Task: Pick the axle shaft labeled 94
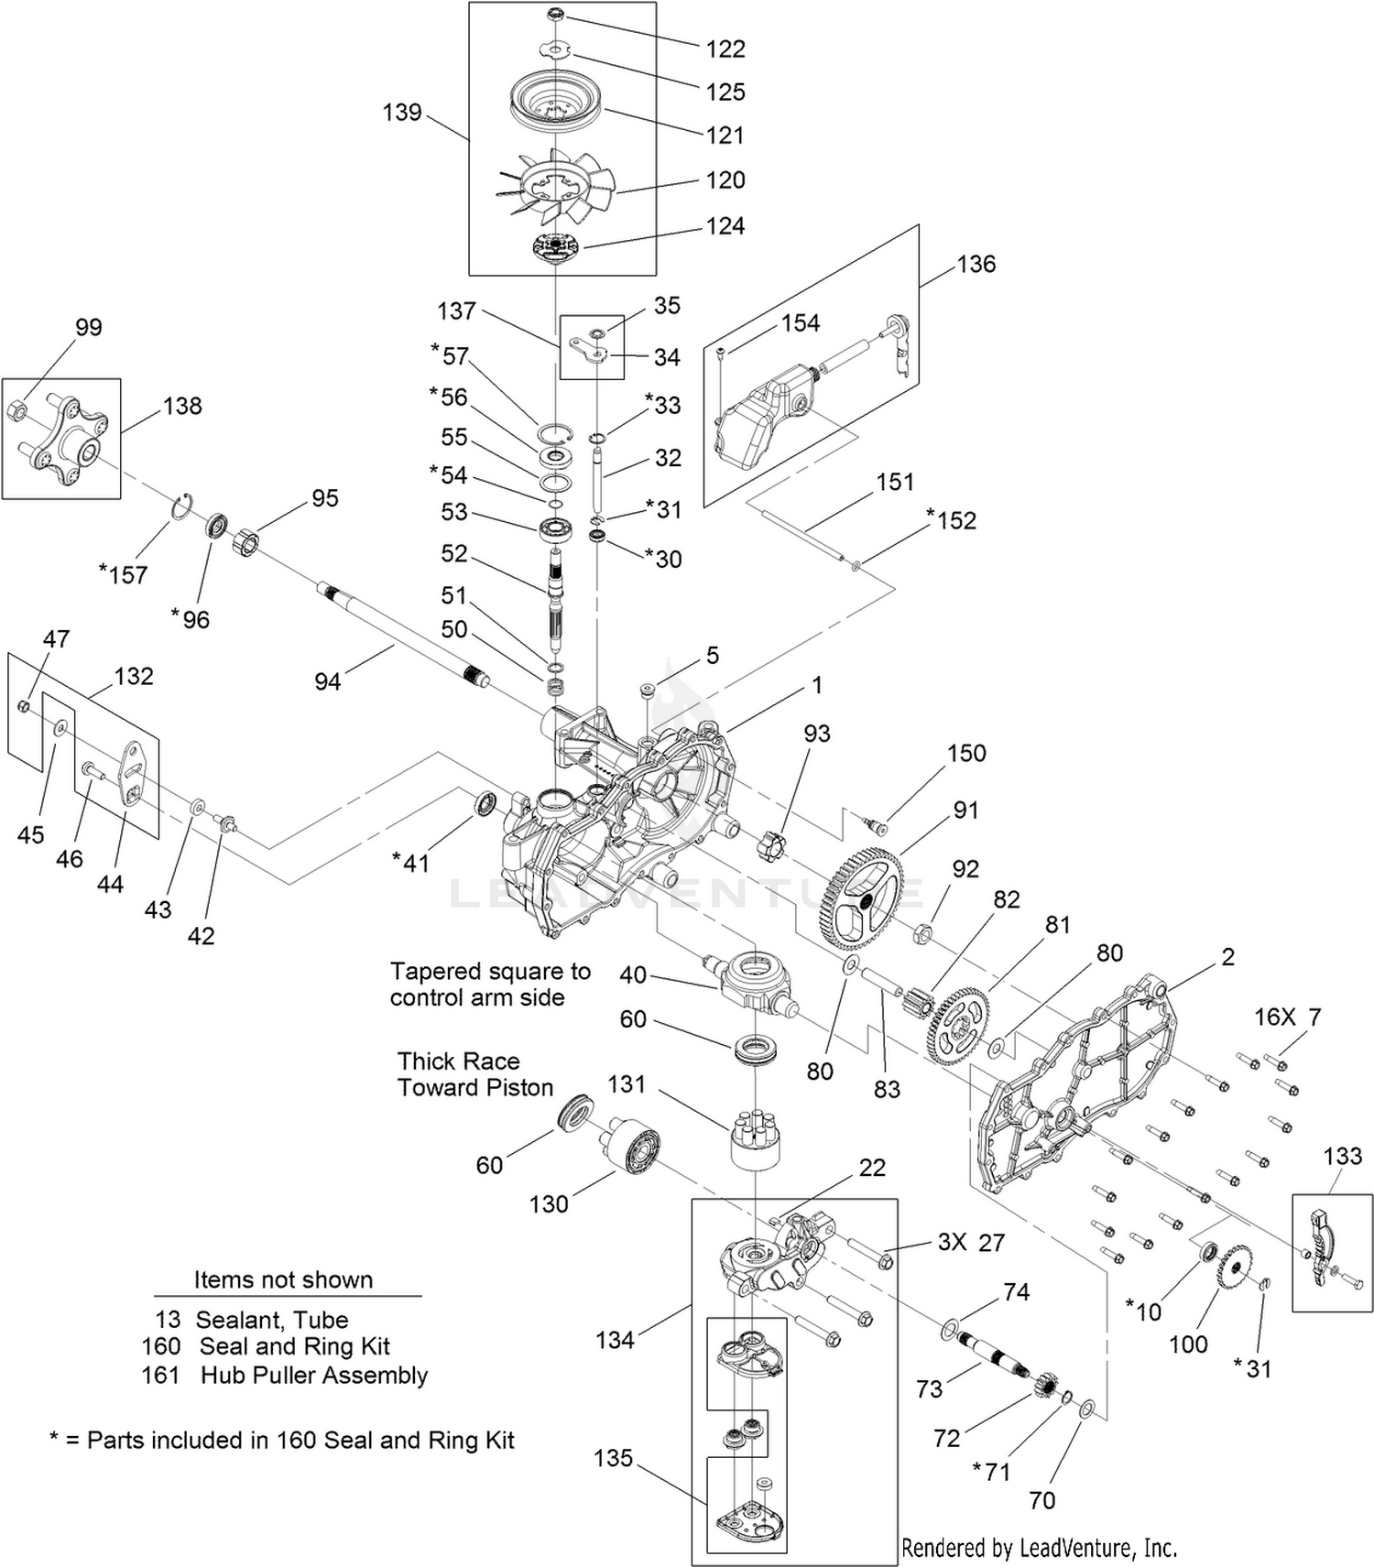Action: (x=403, y=633)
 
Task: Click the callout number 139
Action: (x=402, y=113)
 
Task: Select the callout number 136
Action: (x=976, y=264)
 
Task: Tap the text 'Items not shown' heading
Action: (x=283, y=1279)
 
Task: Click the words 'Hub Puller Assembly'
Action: (x=314, y=1376)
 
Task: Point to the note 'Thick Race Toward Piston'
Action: (x=475, y=1074)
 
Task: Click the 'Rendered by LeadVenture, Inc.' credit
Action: (x=1040, y=1548)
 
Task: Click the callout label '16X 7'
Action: (x=1287, y=1017)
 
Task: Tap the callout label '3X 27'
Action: (x=971, y=1243)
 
